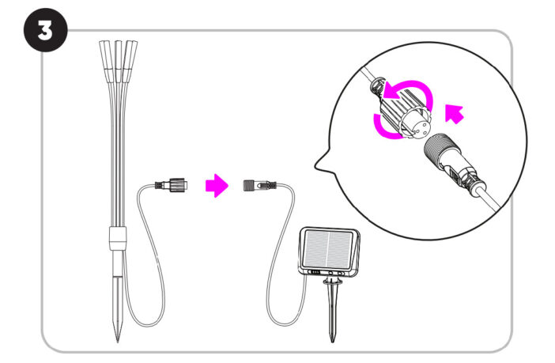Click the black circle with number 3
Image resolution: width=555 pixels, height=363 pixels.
point(45,30)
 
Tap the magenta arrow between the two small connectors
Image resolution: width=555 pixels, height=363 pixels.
point(217,185)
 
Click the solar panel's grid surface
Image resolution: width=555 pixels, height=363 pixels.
point(328,248)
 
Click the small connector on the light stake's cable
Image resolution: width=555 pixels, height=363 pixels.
point(172,185)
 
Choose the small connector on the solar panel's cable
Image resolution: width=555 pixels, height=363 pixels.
point(259,186)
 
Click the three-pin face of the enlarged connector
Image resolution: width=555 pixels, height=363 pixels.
point(419,127)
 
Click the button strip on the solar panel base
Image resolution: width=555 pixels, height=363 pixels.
point(328,273)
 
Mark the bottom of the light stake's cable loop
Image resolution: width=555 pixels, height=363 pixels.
point(149,326)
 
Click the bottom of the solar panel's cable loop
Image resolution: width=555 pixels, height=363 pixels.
point(283,325)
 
